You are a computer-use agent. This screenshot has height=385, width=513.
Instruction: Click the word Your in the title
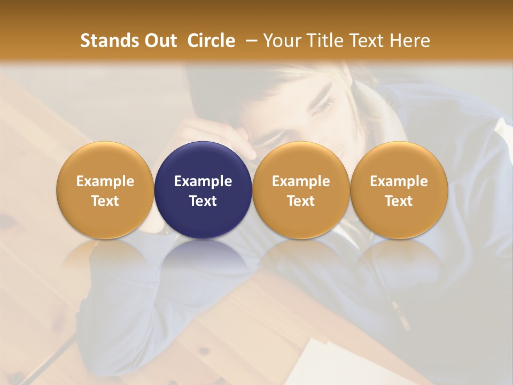pos(281,41)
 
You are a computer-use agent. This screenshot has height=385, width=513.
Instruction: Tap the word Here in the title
pos(409,41)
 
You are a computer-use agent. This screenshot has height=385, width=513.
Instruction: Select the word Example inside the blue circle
pos(203,181)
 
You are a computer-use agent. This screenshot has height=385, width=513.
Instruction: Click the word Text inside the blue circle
pos(203,201)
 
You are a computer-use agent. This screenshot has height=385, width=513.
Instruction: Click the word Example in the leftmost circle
pos(105,181)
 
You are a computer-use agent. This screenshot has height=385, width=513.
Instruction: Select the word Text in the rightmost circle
pos(399,201)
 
